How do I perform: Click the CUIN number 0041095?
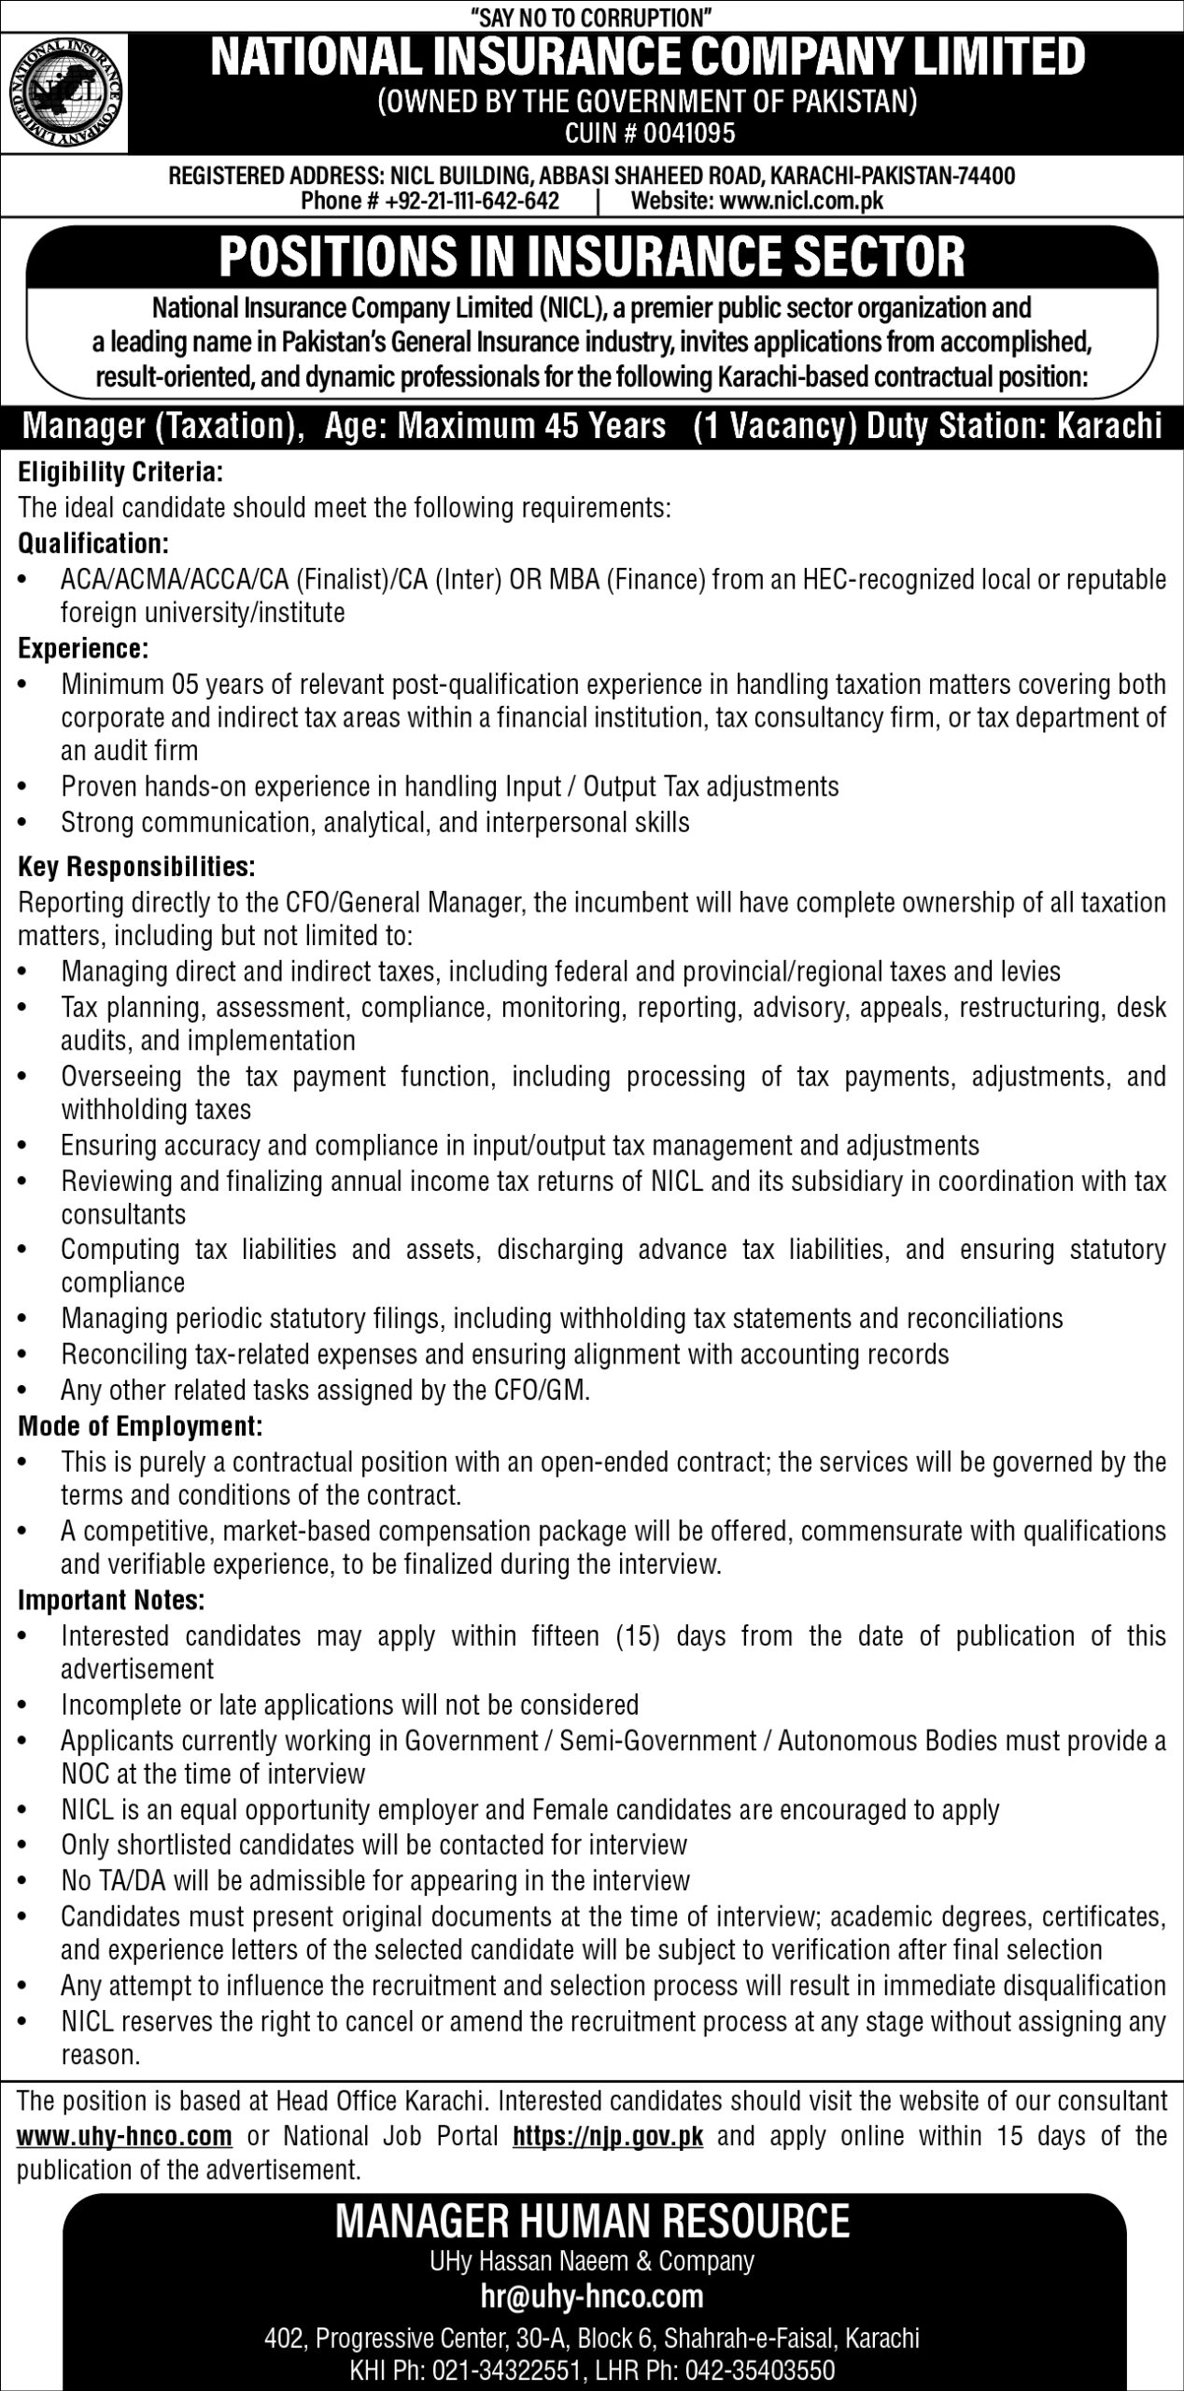691,134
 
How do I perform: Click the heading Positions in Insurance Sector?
592,258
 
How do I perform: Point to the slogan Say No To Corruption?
592,15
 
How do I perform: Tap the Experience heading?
84,648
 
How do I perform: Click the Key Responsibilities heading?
136,867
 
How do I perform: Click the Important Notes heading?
111,1601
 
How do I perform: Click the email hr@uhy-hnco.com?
592,2242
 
